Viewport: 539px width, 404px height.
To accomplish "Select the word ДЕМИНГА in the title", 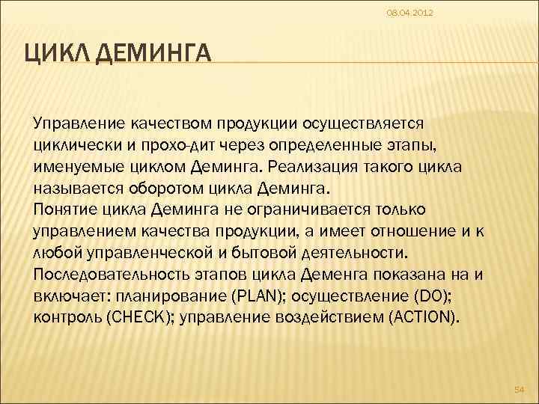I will pos(155,55).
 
